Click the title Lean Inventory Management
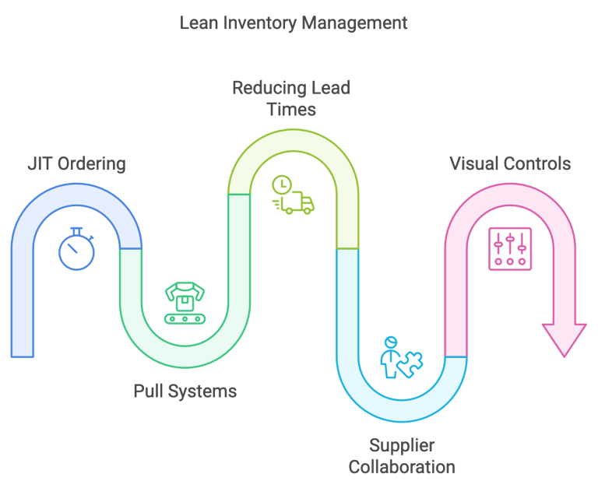pos(294,23)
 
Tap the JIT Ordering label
pos(75,164)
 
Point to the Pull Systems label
pos(185,391)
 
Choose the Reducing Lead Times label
pos(291,98)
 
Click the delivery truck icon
pos(297,204)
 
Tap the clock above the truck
pos(281,184)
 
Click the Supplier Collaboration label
pos(401,456)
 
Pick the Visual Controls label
pos(510,164)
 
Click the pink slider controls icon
pos(510,249)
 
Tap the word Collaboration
pos(401,467)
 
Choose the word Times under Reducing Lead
pos(291,110)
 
